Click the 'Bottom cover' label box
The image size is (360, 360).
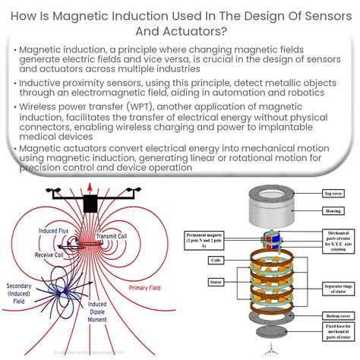click(335, 316)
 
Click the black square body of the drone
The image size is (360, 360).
click(90, 204)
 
